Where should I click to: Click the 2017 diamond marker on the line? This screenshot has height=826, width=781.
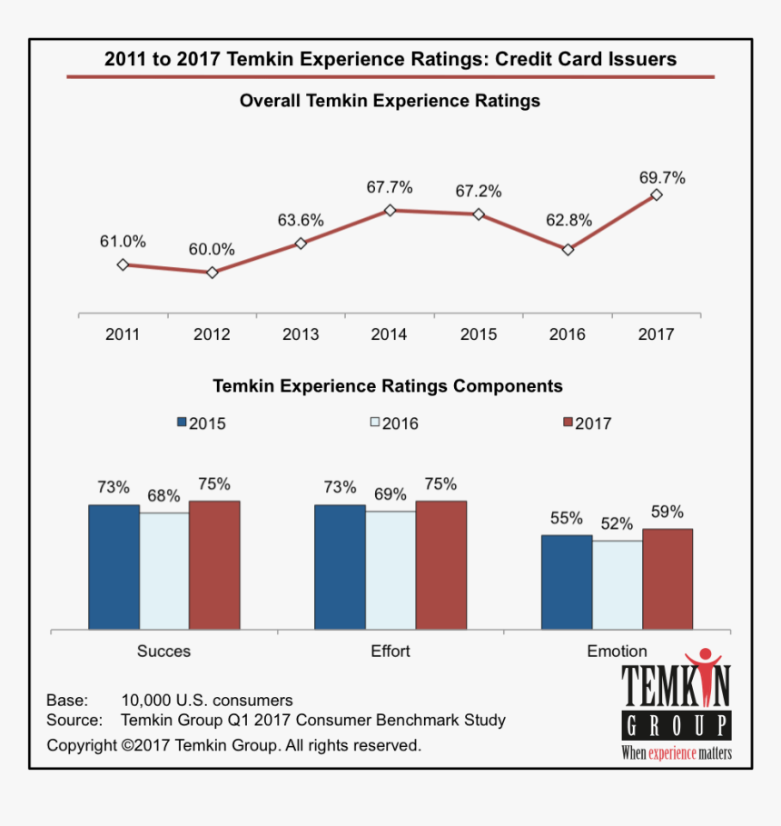[657, 194]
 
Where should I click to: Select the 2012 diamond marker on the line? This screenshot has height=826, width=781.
[212, 272]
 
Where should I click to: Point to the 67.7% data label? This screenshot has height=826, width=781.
[390, 187]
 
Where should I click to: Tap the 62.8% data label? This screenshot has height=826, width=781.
[568, 219]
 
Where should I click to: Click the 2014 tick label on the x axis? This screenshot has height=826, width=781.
[390, 334]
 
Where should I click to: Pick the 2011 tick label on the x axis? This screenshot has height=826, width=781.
[123, 334]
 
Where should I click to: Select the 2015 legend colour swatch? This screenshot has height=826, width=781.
[182, 423]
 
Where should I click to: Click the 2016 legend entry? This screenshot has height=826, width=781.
[394, 423]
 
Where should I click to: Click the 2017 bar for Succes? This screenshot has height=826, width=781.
[214, 564]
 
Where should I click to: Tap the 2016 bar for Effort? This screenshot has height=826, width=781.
[390, 570]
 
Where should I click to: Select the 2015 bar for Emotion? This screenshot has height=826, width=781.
[567, 582]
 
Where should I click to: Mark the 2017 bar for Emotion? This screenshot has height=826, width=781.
[667, 579]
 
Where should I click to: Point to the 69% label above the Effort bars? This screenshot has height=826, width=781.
[390, 495]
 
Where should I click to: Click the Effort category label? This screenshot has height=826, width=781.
[390, 651]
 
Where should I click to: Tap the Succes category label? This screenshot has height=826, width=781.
[163, 651]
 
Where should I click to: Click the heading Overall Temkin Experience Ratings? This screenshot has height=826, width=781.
[390, 101]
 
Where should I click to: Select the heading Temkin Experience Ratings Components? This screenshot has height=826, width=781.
[388, 386]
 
